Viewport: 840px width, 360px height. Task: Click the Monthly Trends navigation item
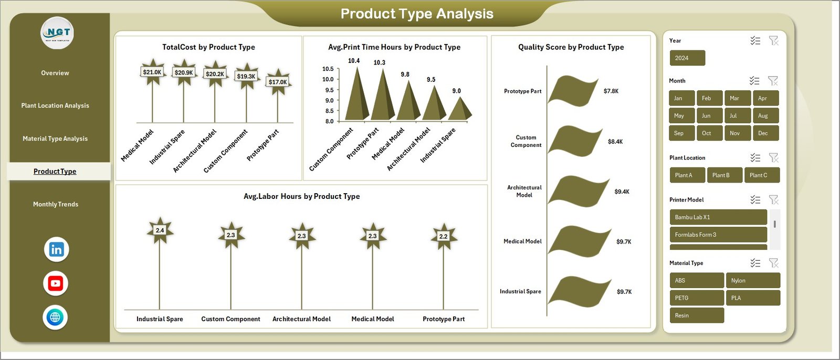tap(56, 204)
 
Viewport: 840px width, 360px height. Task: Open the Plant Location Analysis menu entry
tap(55, 105)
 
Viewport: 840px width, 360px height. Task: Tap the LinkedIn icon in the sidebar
tap(56, 249)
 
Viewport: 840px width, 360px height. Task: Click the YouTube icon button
tap(56, 283)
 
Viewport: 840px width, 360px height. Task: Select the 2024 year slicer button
tap(687, 58)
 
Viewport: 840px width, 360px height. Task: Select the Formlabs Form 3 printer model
tap(718, 235)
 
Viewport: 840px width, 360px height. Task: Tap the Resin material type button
tap(696, 315)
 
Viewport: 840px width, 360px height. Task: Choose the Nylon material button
tap(752, 281)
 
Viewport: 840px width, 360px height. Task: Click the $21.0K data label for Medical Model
tap(152, 72)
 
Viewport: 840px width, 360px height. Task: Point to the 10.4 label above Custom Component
tap(354, 61)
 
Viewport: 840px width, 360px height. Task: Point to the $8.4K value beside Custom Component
tap(615, 142)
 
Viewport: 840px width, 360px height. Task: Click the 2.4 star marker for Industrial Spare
tap(160, 230)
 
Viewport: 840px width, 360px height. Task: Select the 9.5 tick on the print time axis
tap(328, 90)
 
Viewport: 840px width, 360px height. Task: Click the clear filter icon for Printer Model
tap(773, 200)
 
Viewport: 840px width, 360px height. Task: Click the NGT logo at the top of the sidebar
tap(57, 33)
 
